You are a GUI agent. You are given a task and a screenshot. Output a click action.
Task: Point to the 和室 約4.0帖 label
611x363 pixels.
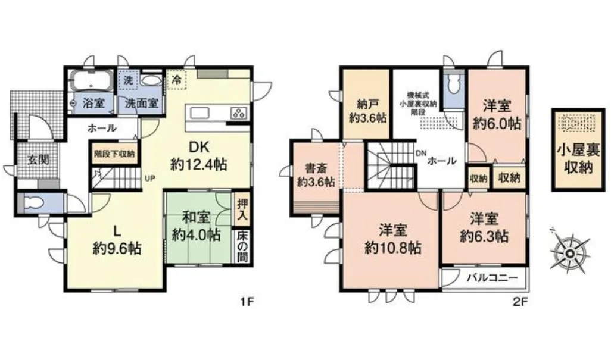coord(197,227)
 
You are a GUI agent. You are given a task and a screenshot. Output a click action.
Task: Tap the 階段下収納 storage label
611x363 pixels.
coord(114,154)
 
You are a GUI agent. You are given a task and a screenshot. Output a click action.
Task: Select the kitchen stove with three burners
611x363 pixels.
coord(239,112)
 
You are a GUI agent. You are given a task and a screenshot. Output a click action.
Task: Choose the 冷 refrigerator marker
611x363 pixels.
coord(176,79)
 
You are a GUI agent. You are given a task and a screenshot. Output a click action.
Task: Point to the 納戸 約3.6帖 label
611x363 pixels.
coord(367,110)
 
